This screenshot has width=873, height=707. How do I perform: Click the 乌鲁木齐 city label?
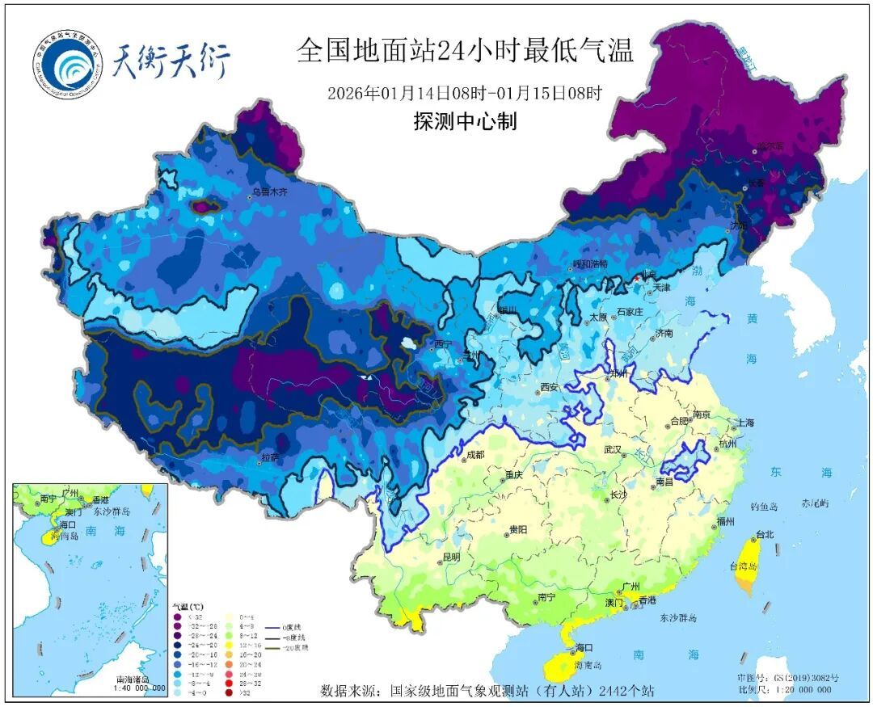tap(269, 191)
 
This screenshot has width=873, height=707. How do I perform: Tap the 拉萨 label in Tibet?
tap(269, 457)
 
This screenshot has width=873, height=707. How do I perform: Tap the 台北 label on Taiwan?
tap(764, 534)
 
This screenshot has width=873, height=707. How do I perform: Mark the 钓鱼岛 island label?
tap(763, 506)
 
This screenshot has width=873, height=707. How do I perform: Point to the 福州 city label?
tap(727, 523)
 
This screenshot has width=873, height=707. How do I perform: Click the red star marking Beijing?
tap(636, 278)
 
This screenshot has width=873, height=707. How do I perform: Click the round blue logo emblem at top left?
tap(70, 65)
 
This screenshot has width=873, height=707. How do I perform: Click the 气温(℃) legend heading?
tap(188, 605)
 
